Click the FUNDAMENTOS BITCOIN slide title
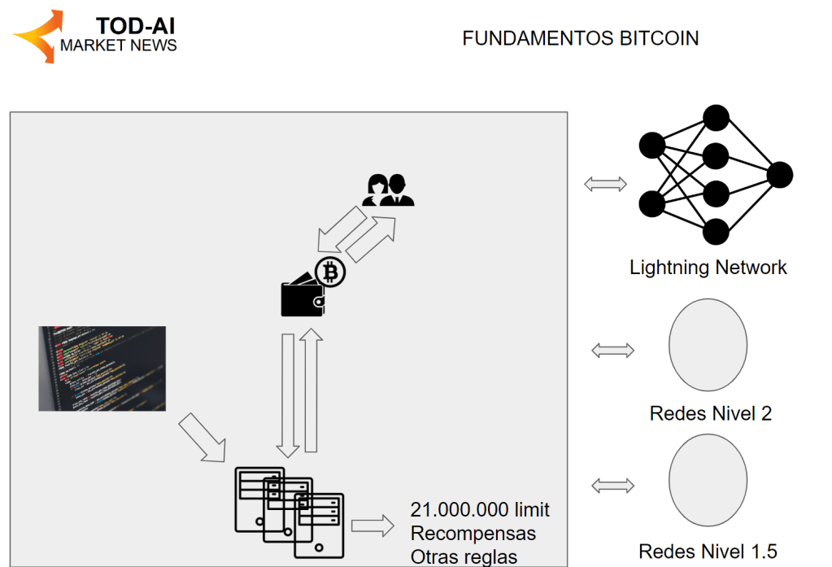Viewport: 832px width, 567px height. (580, 38)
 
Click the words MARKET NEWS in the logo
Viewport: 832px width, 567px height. (119, 46)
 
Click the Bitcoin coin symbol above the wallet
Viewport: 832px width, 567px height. (330, 273)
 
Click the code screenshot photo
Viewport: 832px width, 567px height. (102, 369)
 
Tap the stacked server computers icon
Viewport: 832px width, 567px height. (290, 512)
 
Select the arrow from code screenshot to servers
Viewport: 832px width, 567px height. (202, 438)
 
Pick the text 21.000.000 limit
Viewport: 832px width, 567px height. (480, 510)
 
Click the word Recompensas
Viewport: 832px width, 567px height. (473, 534)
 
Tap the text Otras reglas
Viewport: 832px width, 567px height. (464, 556)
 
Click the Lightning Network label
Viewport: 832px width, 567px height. (708, 268)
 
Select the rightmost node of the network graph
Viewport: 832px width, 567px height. (779, 175)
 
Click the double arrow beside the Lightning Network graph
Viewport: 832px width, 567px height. (606, 184)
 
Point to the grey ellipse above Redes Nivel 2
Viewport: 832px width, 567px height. (708, 346)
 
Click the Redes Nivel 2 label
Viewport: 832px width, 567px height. (711, 413)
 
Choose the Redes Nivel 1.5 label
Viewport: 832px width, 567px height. (708, 552)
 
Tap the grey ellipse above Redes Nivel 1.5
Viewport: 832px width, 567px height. (708, 480)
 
